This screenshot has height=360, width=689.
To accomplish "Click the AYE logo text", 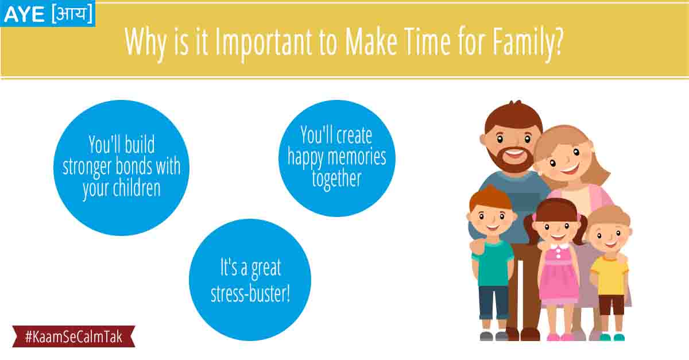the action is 25,14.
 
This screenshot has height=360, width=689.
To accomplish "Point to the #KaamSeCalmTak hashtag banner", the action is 74,336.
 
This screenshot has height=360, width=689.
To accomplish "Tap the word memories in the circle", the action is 357,157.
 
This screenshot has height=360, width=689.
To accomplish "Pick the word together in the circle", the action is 336,179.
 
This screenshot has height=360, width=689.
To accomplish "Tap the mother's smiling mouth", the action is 570,169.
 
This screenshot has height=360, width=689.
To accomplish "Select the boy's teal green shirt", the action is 493,264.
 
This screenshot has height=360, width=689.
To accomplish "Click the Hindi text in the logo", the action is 72,14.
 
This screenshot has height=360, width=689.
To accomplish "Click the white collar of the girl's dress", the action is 559,246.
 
